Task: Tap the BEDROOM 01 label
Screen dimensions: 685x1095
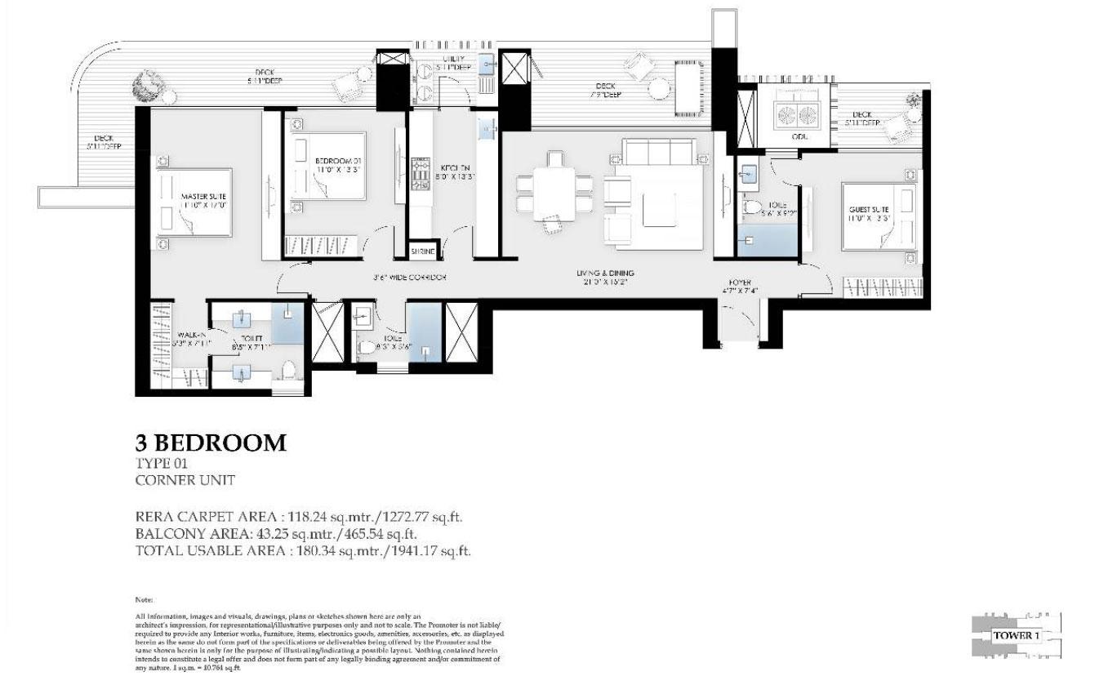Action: click(x=337, y=161)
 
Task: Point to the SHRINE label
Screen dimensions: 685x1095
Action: click(x=424, y=252)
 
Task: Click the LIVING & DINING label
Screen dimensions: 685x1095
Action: click(x=603, y=274)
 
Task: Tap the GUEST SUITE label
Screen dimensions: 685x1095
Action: click(x=868, y=210)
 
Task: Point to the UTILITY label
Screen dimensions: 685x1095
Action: click(x=454, y=59)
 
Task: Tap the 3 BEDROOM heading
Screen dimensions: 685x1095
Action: click(x=211, y=443)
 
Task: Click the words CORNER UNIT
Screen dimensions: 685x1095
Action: click(x=185, y=480)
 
